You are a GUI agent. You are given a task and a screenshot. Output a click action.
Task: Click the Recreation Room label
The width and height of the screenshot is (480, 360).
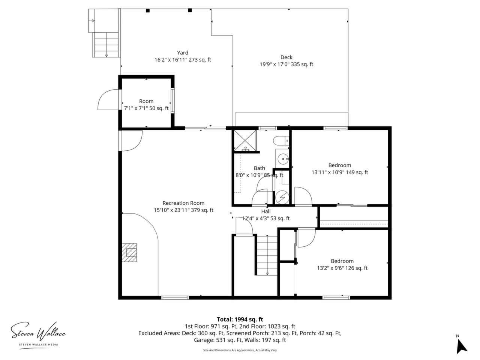coord(183,203)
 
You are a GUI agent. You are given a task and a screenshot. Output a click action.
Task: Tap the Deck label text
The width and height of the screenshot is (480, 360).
coord(286,57)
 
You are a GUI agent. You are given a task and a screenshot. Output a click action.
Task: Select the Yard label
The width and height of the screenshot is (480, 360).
coord(183,52)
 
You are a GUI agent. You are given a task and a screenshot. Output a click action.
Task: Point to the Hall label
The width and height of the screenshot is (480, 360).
coord(266,211)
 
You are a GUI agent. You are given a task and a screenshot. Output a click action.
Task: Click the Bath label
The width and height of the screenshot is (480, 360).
coord(259,168)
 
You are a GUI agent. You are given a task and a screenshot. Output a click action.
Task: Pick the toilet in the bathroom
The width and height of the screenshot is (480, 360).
coord(281,141)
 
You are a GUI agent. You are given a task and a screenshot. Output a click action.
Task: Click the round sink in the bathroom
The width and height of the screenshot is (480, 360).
coord(283,159)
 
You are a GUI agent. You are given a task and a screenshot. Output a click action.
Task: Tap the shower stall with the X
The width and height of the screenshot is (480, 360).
coord(245,141)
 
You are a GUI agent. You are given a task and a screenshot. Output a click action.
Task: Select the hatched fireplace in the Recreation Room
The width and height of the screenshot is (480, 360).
coord(129,252)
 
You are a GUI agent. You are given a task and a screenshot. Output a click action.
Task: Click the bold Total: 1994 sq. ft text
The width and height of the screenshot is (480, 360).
coord(240,319)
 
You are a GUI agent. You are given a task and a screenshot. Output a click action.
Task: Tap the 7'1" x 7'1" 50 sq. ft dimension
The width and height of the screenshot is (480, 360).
coord(146,108)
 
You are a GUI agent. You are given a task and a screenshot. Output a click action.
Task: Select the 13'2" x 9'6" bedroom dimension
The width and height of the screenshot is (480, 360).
coord(342,268)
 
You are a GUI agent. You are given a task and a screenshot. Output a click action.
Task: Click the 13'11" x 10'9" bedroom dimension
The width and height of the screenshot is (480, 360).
coord(340,172)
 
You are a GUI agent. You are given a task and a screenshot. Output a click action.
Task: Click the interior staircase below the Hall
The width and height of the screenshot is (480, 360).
coord(267,255)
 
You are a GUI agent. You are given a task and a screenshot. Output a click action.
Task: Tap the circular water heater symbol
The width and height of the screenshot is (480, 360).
coord(282,197)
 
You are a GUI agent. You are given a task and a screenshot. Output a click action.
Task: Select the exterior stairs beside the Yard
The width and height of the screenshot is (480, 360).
coord(106,45)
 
